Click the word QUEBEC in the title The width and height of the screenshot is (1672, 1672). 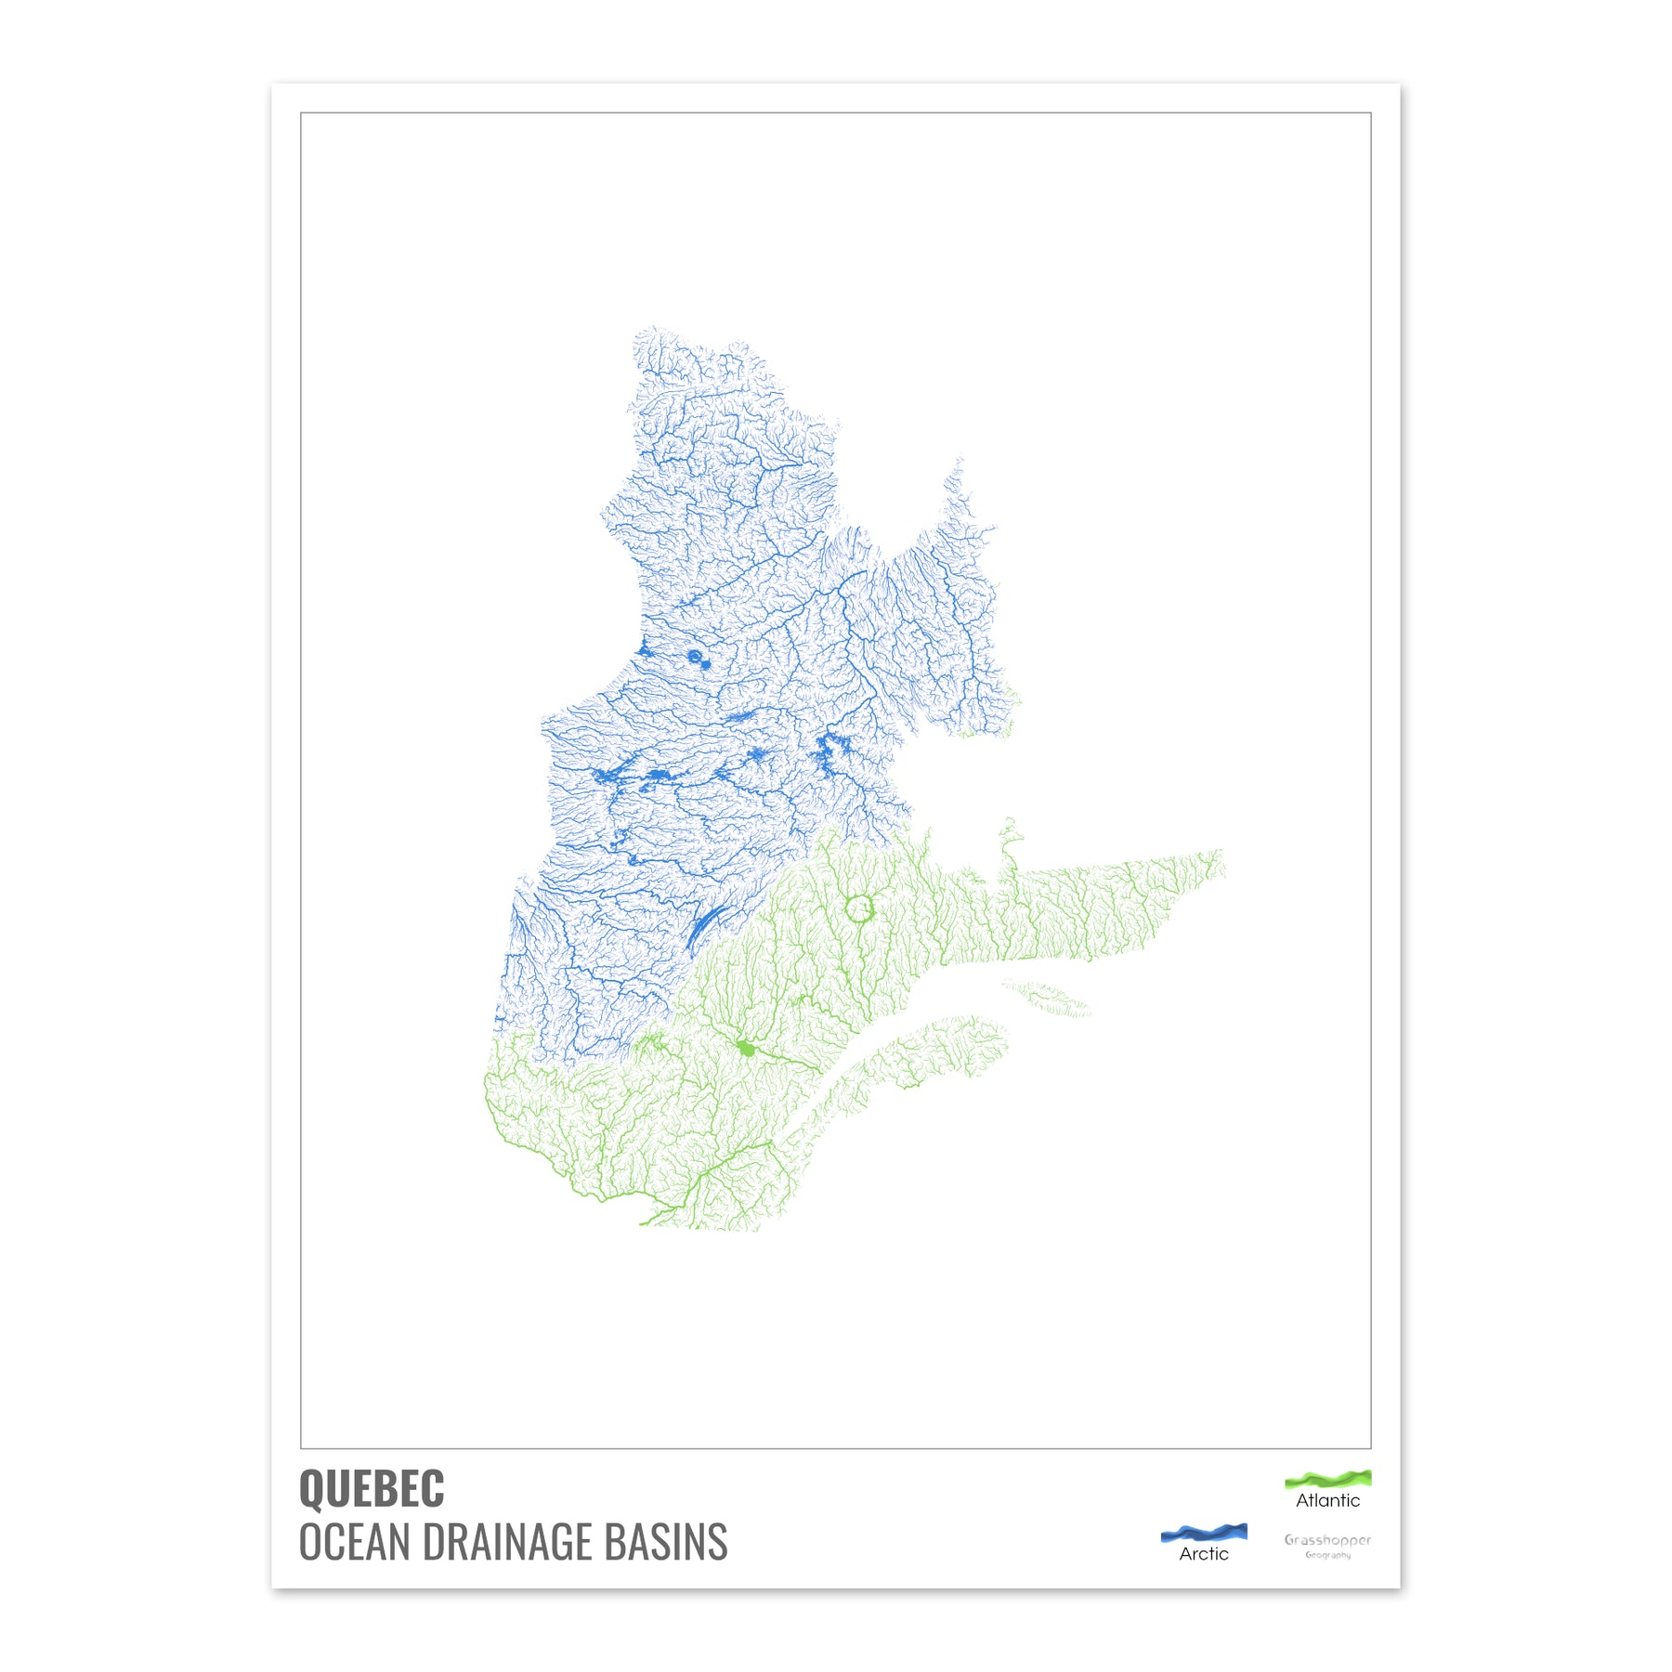coord(372,1489)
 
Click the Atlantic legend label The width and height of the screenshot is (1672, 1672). coord(1327,1500)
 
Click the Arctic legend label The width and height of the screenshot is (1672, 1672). coord(1204,1553)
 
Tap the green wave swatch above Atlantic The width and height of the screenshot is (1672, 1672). coord(1327,1478)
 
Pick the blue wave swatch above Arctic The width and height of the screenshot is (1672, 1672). coord(1204,1532)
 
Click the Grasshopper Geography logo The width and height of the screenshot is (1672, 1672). coord(1327,1545)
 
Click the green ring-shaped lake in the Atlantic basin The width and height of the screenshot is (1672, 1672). coord(860,908)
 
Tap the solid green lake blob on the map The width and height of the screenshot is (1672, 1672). coord(745,1049)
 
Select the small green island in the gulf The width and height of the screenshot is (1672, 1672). coord(1048,999)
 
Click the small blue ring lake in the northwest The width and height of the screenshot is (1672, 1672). coord(695,657)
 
